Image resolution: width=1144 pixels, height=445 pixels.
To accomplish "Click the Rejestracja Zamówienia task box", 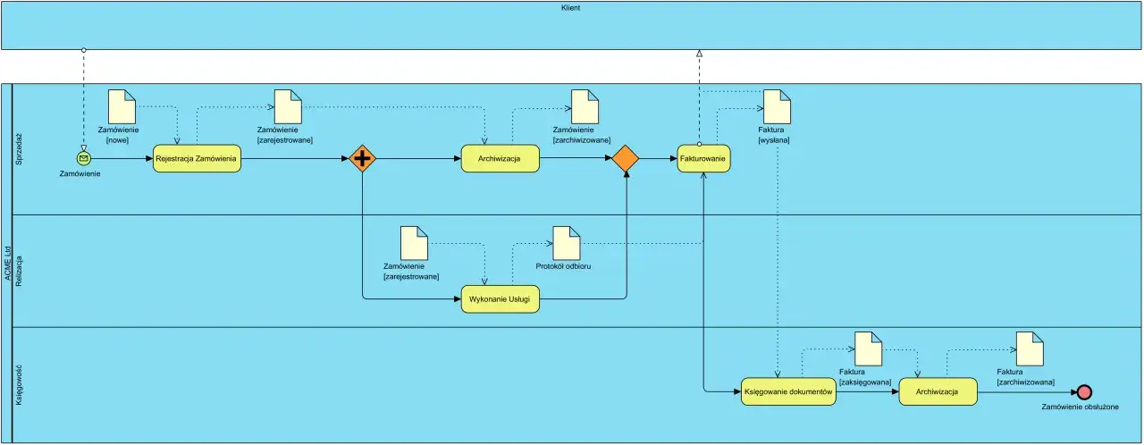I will pyautogui.click(x=197, y=158).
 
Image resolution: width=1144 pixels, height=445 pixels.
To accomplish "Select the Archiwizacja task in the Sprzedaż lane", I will pyautogui.click(x=500, y=158).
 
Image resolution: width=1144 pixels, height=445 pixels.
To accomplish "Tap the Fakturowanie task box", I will pyautogui.click(x=703, y=158).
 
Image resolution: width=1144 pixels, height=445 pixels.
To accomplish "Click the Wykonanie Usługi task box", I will pyautogui.click(x=500, y=300).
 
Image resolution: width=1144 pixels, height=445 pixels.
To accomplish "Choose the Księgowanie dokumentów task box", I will pyautogui.click(x=789, y=391).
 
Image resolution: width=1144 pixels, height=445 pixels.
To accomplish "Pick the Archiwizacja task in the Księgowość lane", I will pyautogui.click(x=938, y=391).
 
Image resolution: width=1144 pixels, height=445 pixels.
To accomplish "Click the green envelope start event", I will pyautogui.click(x=84, y=158).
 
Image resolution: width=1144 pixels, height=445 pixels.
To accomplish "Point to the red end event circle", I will pyautogui.click(x=1084, y=391).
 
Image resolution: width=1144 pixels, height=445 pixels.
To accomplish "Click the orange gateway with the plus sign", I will pyautogui.click(x=363, y=158).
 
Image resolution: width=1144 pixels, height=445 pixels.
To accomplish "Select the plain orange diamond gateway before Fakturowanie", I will pyautogui.click(x=625, y=158).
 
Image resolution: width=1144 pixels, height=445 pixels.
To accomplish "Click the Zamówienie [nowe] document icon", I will pyautogui.click(x=121, y=106).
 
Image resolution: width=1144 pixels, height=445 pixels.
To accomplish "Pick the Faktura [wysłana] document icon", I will pyautogui.click(x=777, y=106).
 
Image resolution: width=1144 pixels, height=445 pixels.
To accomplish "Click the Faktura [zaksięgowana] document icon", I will pyautogui.click(x=867, y=348).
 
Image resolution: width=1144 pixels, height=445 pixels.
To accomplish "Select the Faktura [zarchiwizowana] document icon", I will pyautogui.click(x=1029, y=348).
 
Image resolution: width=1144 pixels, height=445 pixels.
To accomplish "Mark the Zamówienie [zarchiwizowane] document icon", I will pyautogui.click(x=585, y=106).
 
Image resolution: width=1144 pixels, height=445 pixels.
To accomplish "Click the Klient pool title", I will pyautogui.click(x=572, y=7).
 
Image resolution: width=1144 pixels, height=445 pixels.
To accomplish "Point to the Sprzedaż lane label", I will pyautogui.click(x=19, y=148).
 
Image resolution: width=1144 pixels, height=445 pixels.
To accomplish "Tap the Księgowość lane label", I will pyautogui.click(x=19, y=385).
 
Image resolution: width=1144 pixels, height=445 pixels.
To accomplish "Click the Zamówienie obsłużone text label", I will pyautogui.click(x=1080, y=407).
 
